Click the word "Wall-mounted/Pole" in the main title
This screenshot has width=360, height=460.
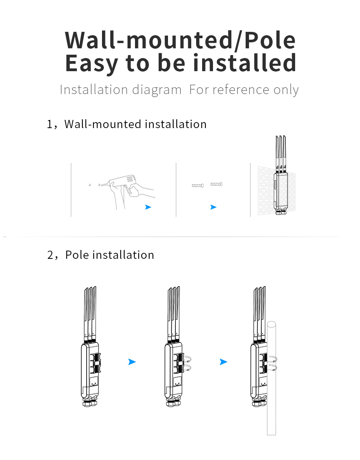pyautogui.click(x=180, y=40)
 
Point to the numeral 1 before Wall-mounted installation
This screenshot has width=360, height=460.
pyautogui.click(x=50, y=124)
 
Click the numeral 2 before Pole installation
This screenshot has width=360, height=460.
pyautogui.click(x=51, y=255)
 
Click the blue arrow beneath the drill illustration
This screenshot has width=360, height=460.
pyautogui.click(x=148, y=207)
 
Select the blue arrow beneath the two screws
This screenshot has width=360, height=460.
pyautogui.click(x=213, y=207)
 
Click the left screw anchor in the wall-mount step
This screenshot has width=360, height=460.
pyautogui.click(x=198, y=185)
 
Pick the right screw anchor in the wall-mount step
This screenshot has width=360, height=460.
pyautogui.click(x=216, y=184)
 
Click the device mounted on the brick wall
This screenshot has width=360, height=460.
pyautogui.click(x=280, y=191)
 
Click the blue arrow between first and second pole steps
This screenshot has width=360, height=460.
pyautogui.click(x=132, y=362)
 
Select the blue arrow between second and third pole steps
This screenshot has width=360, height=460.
pyautogui.click(x=223, y=362)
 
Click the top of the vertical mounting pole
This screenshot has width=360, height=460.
pyautogui.click(x=271, y=324)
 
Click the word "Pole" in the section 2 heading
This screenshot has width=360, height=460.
pyautogui.click(x=77, y=255)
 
